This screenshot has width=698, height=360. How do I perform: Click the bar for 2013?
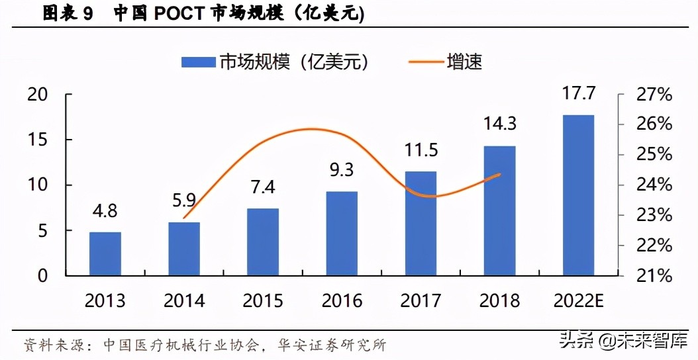[x=105, y=253]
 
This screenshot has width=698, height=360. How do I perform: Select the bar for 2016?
[x=342, y=233]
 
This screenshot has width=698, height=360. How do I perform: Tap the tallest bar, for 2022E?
[x=578, y=195]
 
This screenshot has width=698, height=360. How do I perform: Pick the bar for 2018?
[x=499, y=210]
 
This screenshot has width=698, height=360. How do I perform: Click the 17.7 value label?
[x=577, y=93]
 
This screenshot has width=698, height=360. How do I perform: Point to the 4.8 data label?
[x=105, y=212]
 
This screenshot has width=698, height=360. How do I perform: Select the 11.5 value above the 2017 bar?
[x=421, y=150]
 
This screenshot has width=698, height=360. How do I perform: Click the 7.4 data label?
[x=262, y=187]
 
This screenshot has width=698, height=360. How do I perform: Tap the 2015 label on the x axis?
[x=262, y=301]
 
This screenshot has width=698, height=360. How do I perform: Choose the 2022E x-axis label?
[x=578, y=301]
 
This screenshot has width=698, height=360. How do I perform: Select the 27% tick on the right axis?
[x=654, y=95]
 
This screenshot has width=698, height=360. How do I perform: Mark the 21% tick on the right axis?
[x=654, y=276]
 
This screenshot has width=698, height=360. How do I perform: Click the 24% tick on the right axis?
[x=654, y=185]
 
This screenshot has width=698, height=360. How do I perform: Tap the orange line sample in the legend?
[x=426, y=62]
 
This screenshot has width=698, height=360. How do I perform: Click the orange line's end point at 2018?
[x=500, y=175]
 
